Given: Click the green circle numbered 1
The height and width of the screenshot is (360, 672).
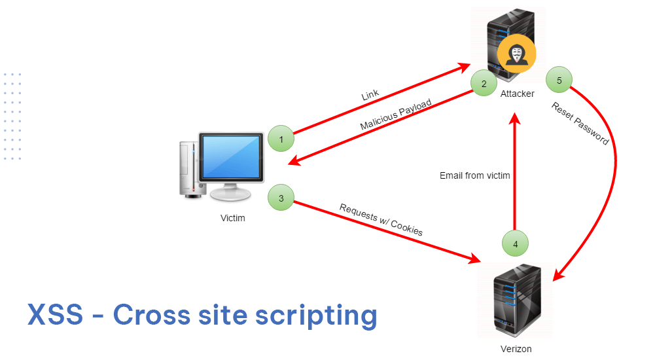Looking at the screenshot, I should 281,139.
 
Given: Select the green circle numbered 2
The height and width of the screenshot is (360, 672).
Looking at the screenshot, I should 484,83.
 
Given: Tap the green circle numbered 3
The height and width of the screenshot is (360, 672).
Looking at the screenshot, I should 281,198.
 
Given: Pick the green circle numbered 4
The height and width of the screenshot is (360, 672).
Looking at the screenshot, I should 515,243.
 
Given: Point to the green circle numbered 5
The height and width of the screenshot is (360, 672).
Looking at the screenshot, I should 559,81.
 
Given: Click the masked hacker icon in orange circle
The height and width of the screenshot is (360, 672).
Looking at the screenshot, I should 516,55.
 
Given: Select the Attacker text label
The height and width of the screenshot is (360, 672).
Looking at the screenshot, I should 517,94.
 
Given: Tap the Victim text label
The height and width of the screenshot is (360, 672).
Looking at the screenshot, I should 232,218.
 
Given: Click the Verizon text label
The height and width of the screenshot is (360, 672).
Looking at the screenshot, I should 515,349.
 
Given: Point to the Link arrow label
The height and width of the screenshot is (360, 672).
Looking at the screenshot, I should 370,96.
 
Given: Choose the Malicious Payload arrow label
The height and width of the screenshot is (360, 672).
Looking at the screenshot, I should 396,115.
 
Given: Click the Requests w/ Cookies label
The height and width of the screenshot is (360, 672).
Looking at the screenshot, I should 381,219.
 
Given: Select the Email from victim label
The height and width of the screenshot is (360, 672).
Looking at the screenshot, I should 474,175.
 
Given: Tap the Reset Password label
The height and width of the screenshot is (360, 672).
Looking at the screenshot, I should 580,124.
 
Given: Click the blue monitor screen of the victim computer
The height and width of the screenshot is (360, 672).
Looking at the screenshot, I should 232,157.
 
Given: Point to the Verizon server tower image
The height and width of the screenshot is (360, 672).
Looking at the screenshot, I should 515,298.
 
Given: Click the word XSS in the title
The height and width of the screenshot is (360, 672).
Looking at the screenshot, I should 55,315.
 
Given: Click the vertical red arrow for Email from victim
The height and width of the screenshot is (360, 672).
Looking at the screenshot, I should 516,177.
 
